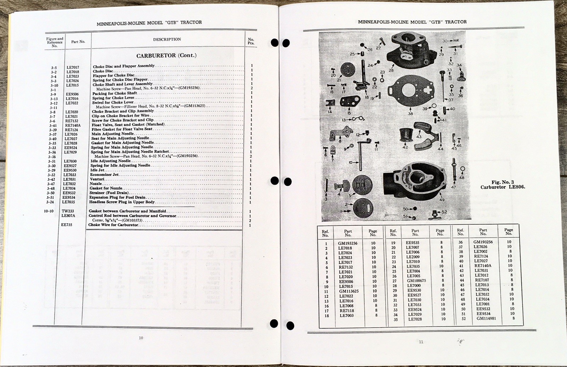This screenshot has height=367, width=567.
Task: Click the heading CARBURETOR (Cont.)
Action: (166, 55)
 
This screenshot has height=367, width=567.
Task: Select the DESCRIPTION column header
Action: (167, 39)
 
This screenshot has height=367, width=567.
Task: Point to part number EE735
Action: (67, 225)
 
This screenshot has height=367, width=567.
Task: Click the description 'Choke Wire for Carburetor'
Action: (113, 225)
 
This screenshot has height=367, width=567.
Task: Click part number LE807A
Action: (68, 215)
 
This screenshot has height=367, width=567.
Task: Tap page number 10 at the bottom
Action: (141, 338)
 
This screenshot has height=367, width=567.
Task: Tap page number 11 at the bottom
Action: (421, 342)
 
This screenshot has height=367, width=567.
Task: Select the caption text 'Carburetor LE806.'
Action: (503, 187)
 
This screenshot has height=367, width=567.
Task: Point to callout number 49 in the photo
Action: (442, 200)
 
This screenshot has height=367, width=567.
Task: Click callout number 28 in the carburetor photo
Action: (391, 70)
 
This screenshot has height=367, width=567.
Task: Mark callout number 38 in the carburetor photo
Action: (410, 114)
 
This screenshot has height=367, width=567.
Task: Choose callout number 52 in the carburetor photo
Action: (444, 212)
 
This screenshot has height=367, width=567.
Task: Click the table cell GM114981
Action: (486, 318)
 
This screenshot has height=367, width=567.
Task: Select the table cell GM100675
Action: (416, 281)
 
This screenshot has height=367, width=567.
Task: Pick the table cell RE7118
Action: (347, 311)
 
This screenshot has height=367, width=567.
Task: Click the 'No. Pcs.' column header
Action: (251, 41)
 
